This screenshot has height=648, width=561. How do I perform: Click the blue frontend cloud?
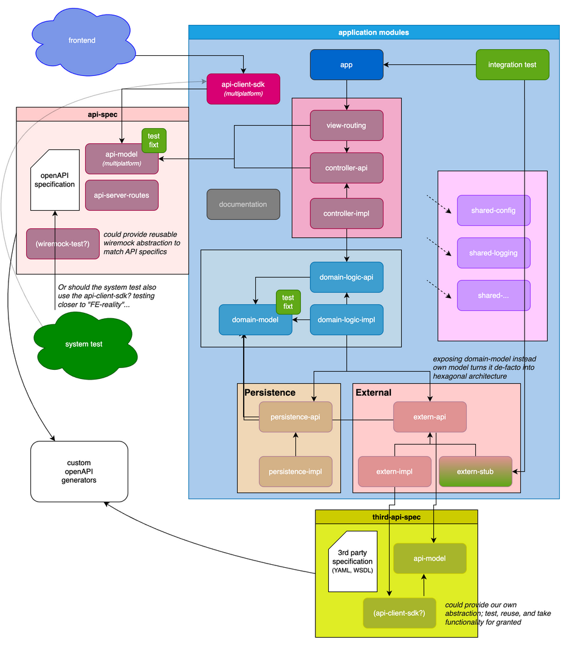coord(82,41)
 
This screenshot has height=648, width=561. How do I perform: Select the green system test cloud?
coord(83,344)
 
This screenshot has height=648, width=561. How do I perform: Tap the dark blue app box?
coord(346,65)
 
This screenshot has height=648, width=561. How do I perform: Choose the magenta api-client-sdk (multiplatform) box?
coord(243,89)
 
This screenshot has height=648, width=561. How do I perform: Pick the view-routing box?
coord(346,126)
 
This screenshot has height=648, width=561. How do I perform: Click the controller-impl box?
coord(346,213)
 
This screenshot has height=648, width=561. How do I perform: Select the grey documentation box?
coord(243,205)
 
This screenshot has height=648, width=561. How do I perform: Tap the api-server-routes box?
coord(122,195)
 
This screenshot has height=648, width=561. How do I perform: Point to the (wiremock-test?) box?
coord(63,244)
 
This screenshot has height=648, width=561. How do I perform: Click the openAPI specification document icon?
coord(55,180)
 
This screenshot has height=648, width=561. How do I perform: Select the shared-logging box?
coord(494,253)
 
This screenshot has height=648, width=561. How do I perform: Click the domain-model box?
coord(255,319)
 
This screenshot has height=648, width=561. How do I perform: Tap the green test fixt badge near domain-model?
coord(288,302)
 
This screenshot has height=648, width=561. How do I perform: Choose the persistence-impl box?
coord(295,471)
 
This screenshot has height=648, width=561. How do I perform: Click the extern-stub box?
coord(475,471)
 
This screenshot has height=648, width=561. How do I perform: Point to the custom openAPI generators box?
coord(79,471)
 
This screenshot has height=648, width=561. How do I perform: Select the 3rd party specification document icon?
coord(353,561)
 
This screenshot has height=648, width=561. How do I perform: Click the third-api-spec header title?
coord(396,517)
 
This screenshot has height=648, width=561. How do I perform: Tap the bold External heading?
coord(374,393)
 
